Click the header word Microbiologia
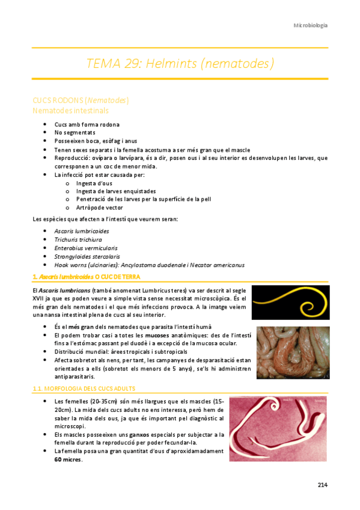tap(310, 25)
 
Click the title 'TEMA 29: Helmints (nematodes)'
tap(180, 63)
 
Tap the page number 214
tap(322, 485)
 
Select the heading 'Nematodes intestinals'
tap(71, 111)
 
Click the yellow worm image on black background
tap(289, 302)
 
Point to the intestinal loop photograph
tap(290, 352)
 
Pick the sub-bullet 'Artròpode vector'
tap(99, 207)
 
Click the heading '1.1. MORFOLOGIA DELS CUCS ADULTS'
tap(84, 389)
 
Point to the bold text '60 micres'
tap(68, 460)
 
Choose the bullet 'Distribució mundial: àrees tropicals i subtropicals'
tap(121, 351)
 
